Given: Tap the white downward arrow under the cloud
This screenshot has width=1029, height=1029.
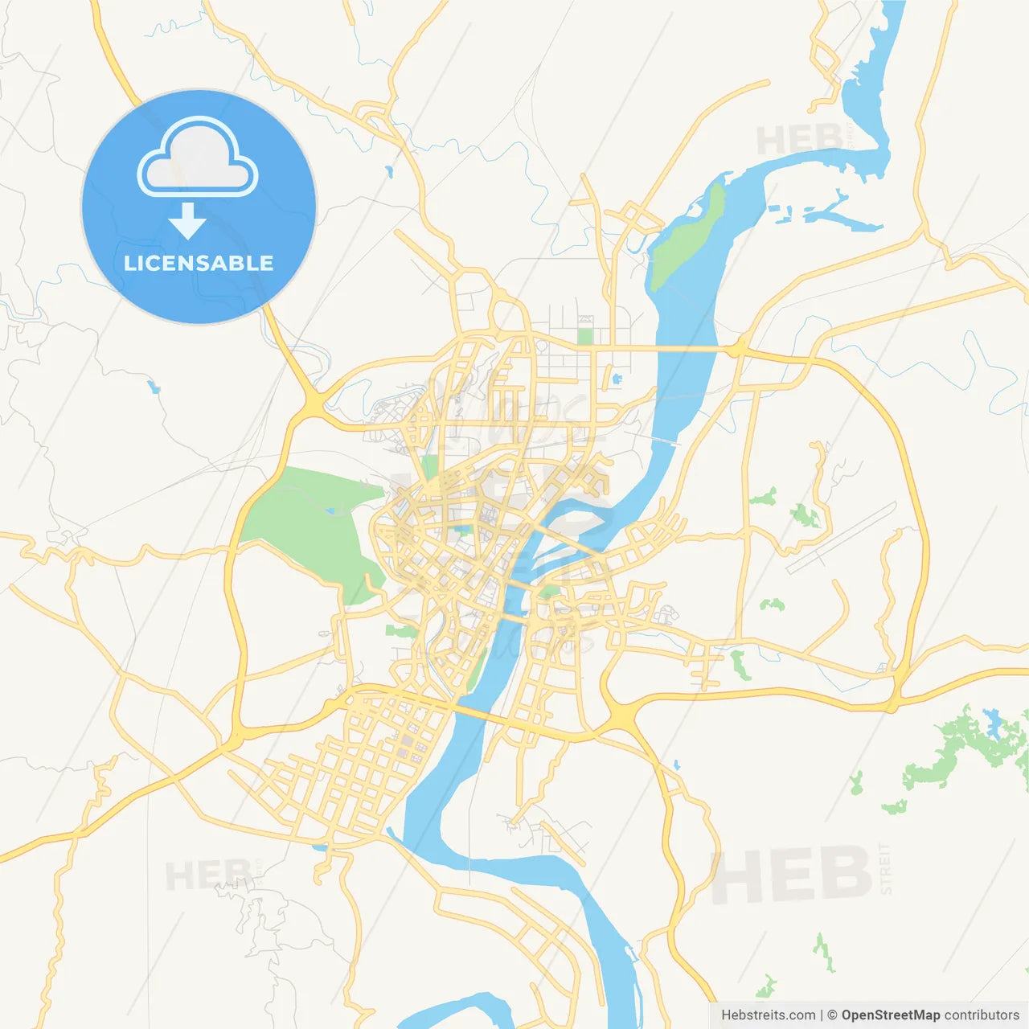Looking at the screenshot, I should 187,221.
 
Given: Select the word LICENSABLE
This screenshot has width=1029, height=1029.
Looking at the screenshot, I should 199,263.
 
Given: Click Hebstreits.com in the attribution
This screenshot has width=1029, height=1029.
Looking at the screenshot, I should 768,1015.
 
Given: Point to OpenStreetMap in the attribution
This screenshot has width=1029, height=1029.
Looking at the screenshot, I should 891,1015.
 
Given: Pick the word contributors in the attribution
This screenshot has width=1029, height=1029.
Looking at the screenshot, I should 982,1015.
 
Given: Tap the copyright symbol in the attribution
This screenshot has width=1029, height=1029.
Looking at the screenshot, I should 833,1015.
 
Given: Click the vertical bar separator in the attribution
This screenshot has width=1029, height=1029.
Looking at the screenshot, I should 822,1015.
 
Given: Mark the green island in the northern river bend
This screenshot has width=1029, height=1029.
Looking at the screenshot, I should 688,237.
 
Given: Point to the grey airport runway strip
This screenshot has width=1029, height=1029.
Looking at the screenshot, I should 841,537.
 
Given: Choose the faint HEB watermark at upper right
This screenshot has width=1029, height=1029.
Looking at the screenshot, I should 800,140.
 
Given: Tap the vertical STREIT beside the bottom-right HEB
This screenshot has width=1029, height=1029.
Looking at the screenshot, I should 886,868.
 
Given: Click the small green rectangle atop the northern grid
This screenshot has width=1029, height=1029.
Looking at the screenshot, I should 584,336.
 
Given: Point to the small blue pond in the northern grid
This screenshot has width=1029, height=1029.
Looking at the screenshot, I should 617,378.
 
